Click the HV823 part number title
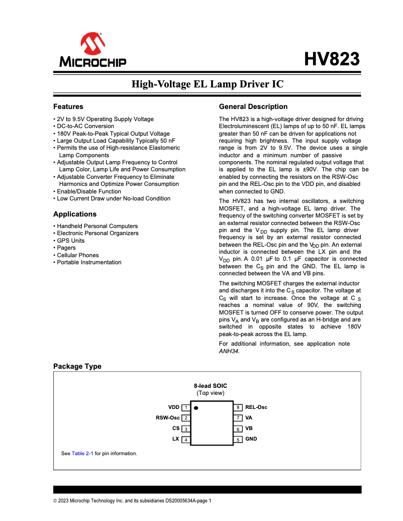[332, 59]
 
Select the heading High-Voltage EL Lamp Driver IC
[207, 84]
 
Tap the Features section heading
[68, 107]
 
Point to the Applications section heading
[75, 214]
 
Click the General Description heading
[253, 107]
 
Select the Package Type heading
[77, 366]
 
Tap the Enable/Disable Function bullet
[88, 191]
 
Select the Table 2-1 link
[82, 453]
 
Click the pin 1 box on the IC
[186, 407]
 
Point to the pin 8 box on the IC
[238, 407]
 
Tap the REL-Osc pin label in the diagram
[256, 407]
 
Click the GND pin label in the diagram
[251, 439]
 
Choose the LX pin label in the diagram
[176, 439]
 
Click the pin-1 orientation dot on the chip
[196, 408]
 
